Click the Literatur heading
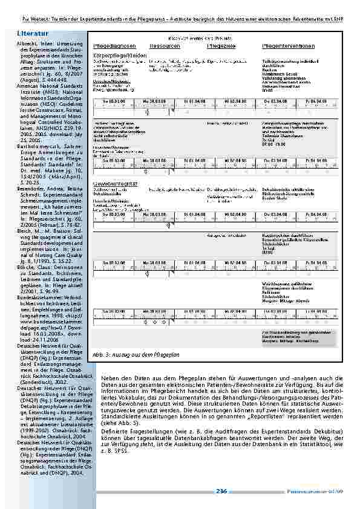tap(31, 29)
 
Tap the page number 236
tap(220, 491)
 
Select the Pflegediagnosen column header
tap(114, 45)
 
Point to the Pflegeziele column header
tap(221, 45)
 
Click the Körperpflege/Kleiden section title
tap(116, 54)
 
